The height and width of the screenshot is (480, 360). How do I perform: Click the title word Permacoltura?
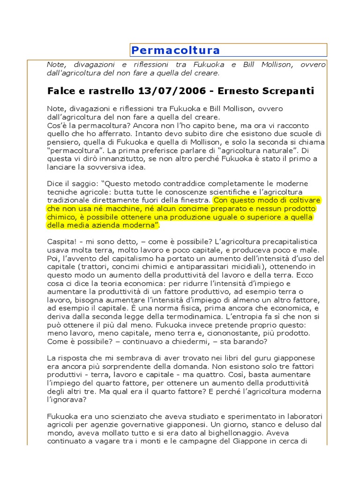(176, 51)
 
